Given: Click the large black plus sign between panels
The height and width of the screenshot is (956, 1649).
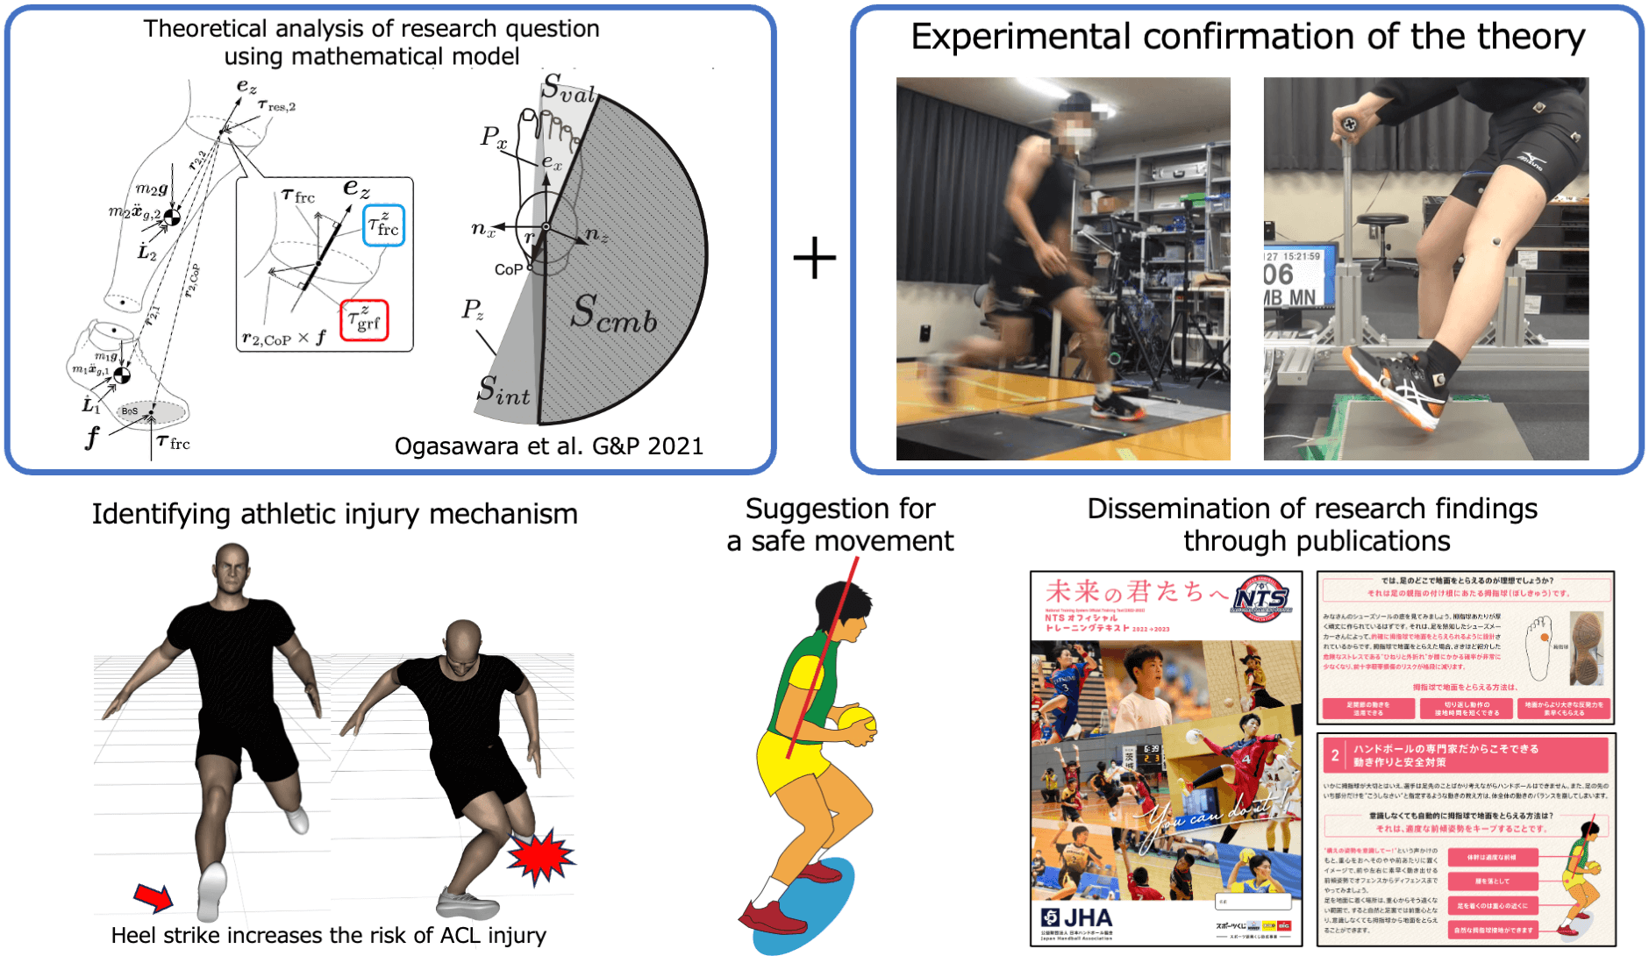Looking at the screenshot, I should (x=814, y=258).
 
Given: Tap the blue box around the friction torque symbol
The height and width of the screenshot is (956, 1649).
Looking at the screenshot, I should (x=383, y=225).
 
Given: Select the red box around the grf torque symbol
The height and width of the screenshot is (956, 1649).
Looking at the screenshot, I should (x=363, y=320).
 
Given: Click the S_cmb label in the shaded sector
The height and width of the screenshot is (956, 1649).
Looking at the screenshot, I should (x=614, y=314).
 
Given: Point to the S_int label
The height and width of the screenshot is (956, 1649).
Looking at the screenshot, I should (x=503, y=390).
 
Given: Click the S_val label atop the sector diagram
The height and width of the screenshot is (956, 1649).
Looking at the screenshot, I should (x=568, y=89).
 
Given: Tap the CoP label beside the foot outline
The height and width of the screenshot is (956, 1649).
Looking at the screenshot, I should (x=509, y=269).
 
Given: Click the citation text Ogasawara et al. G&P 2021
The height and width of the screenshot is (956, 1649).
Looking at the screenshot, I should (x=548, y=446).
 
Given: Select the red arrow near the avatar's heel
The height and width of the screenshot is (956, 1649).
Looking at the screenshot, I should (x=153, y=895).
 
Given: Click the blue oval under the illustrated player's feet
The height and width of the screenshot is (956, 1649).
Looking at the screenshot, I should (x=807, y=908).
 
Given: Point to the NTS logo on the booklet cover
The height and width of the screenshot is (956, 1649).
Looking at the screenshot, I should (x=1261, y=600).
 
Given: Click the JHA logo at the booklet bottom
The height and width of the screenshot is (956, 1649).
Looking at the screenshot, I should (x=1077, y=918).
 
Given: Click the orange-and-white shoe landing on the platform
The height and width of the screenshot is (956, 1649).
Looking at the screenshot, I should (x=1395, y=386).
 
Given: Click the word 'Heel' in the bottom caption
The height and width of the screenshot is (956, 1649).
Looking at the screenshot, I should (x=132, y=936).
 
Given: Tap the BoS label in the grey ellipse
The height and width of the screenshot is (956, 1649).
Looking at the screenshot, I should (x=130, y=411).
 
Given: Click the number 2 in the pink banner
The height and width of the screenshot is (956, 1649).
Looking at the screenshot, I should (x=1334, y=755).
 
